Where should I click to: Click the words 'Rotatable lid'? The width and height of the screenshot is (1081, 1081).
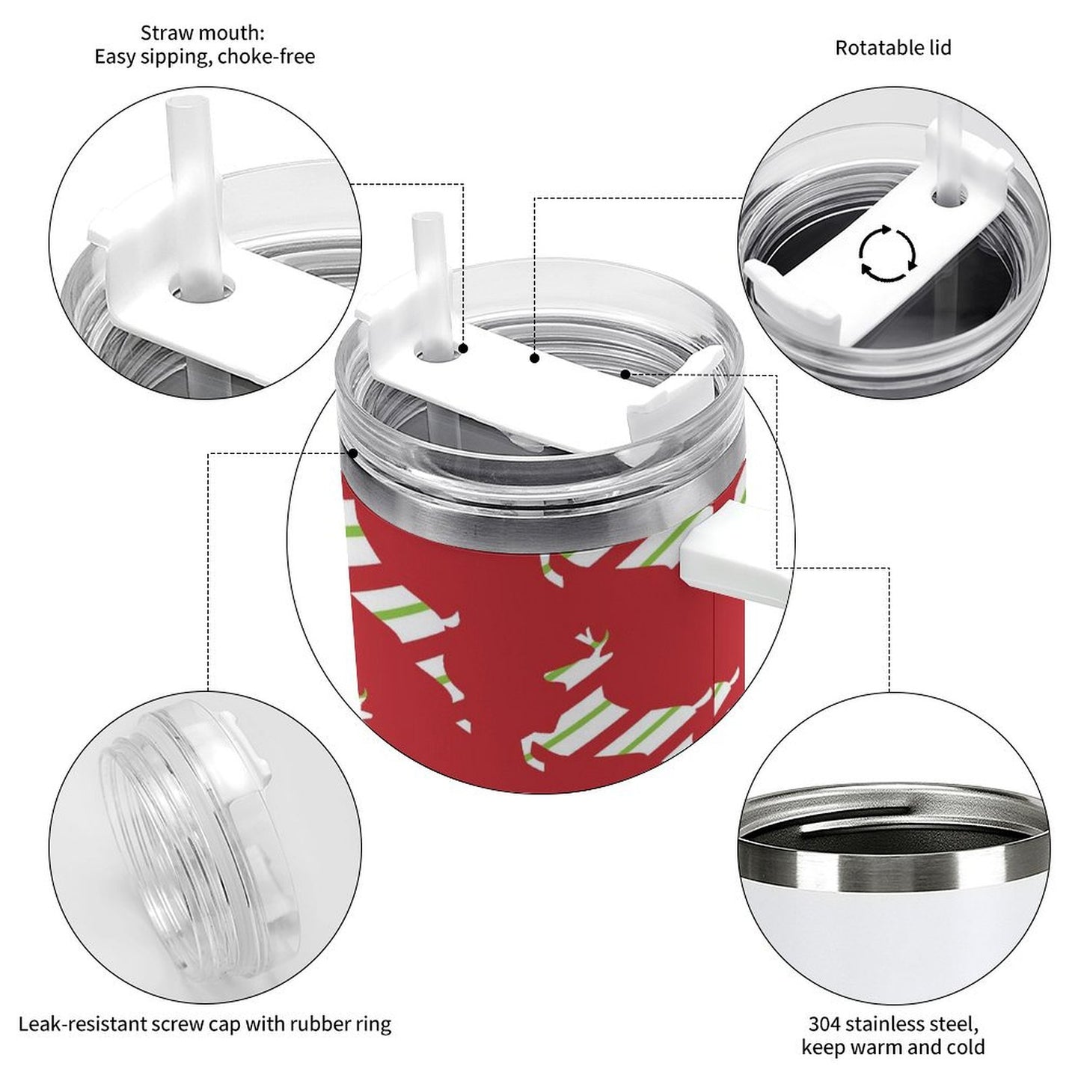pos(892,48)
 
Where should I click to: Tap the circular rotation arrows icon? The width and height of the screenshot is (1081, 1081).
pos(887,254)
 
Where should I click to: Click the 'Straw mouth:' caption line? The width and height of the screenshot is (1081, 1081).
pos(203,33)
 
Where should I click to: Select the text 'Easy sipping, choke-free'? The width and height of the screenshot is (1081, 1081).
pos(204,57)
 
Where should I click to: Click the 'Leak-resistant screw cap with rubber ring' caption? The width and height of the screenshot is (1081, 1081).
pos(204,1023)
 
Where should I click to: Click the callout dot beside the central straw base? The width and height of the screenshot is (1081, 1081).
pos(464,349)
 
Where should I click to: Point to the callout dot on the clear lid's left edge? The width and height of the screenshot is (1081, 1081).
pos(352,453)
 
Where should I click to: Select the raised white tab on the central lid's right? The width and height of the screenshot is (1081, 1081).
pos(677,396)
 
